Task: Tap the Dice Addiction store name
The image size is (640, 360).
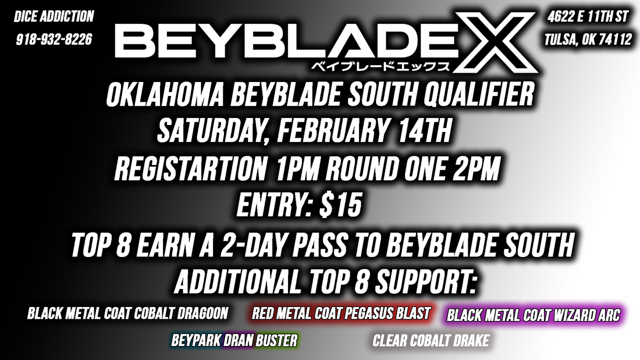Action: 54,16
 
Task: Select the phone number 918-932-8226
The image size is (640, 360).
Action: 54,40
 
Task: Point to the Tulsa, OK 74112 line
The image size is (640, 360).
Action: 588,40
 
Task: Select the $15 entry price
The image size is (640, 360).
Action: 341,207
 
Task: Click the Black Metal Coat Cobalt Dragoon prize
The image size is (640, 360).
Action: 127,314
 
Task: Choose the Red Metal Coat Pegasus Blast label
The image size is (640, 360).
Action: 341,314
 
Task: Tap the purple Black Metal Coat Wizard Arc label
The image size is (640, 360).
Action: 534,315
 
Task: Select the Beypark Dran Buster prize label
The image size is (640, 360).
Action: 234,340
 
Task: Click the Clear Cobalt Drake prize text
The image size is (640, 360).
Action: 431,340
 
